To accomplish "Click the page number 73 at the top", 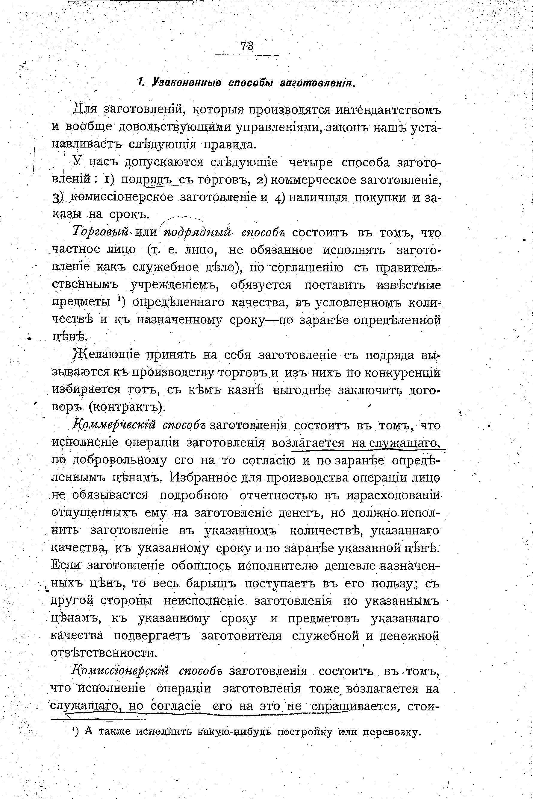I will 247,46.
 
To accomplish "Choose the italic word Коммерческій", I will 114,425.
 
